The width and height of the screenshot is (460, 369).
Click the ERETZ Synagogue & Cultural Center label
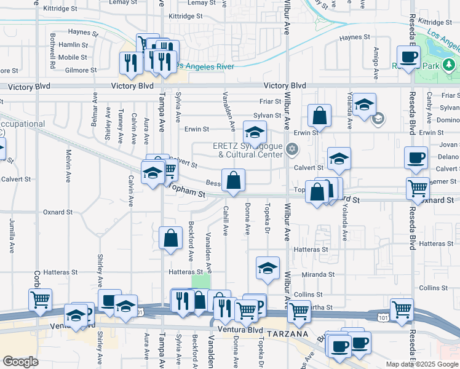(x=248, y=150)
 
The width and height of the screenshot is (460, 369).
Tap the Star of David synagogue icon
(x=293, y=148)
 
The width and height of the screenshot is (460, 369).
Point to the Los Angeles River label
(x=202, y=66)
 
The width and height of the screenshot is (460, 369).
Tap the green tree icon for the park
(x=449, y=65)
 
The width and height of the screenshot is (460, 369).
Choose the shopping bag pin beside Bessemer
(x=233, y=181)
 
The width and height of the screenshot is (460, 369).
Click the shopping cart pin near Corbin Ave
(x=40, y=300)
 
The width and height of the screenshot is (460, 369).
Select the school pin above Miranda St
(x=268, y=268)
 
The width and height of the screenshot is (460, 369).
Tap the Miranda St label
(x=317, y=274)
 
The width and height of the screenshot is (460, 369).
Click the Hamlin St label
(x=74, y=45)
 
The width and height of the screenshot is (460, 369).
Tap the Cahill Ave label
(x=226, y=221)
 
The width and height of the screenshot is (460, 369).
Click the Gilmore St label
(x=81, y=70)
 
